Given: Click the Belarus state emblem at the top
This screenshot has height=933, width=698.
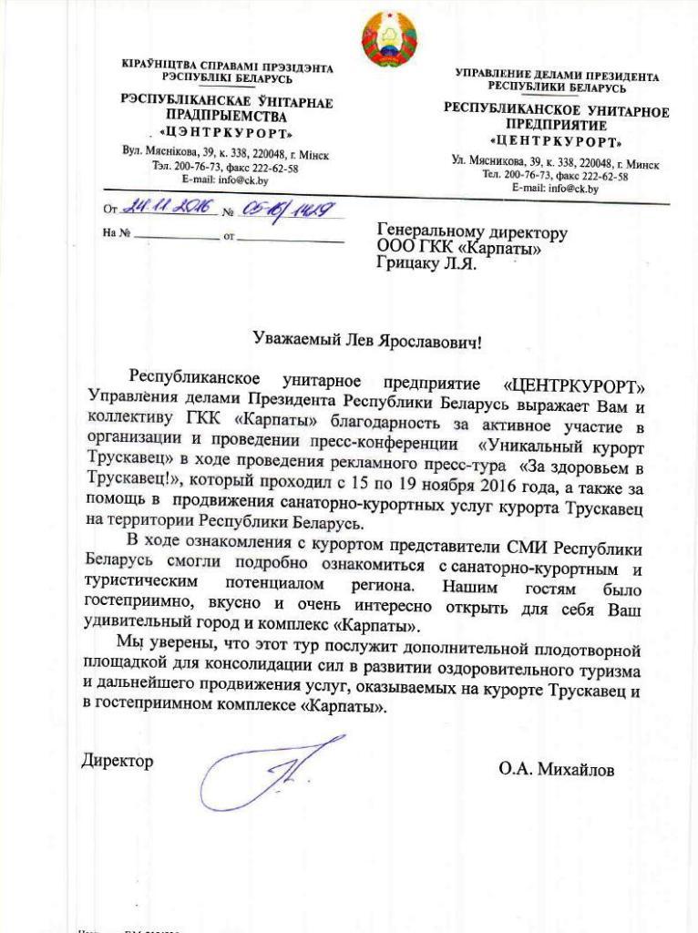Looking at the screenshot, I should point(389,38).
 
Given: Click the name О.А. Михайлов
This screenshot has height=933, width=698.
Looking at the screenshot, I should point(556,770).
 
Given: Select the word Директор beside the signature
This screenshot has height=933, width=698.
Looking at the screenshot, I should point(118,760).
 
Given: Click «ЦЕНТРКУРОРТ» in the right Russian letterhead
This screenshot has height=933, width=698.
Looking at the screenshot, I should point(556,142).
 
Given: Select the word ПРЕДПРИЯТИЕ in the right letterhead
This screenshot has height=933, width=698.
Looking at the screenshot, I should point(556,126).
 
